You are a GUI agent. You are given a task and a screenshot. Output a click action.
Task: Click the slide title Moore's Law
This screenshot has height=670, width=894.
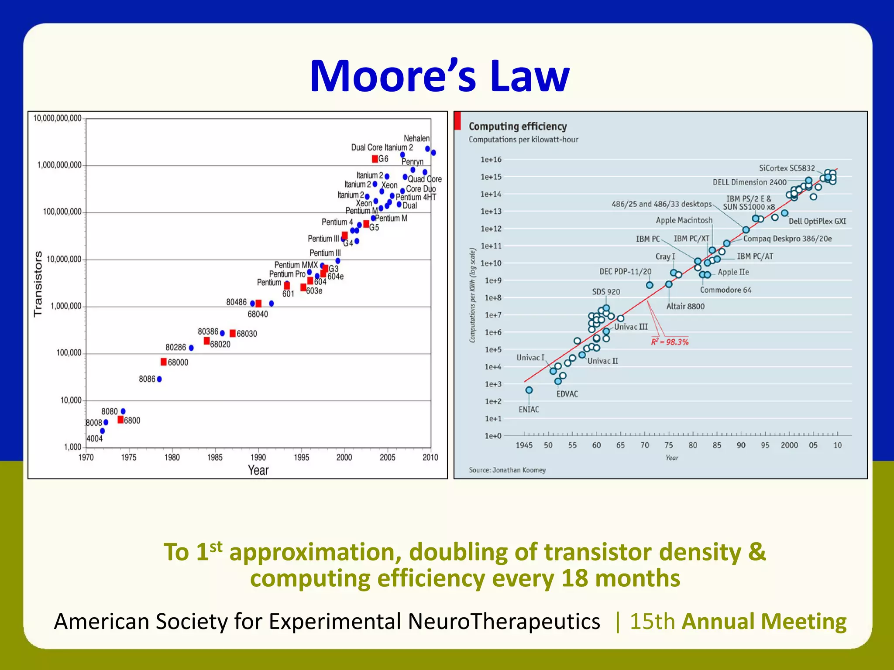(440, 76)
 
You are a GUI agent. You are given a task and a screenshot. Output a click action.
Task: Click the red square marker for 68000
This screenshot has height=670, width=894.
(164, 362)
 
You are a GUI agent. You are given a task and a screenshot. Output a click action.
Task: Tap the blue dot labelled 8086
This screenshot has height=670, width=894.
(159, 379)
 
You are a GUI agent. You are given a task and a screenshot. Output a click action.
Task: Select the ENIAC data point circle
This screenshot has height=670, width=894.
(529, 390)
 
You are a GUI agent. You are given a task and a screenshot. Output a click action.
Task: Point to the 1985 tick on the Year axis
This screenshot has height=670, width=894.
(215, 457)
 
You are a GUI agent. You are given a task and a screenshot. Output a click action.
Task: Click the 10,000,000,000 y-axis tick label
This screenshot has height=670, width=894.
(57, 118)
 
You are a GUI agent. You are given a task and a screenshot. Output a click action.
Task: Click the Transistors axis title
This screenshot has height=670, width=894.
(38, 284)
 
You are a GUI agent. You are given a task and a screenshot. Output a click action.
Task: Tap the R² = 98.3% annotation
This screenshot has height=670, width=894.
(670, 342)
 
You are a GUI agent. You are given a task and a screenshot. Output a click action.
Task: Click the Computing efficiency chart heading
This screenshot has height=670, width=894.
(518, 126)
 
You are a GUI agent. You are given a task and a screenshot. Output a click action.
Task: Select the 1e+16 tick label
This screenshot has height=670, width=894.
(491, 160)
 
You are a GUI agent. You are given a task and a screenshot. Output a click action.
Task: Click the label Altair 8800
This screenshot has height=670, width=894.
(685, 306)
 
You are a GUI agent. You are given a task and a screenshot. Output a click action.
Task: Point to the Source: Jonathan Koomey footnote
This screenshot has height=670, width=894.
(507, 470)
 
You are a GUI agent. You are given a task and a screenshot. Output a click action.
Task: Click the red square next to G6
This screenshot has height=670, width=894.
(375, 159)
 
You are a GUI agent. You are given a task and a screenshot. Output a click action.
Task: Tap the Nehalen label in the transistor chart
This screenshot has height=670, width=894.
(416, 138)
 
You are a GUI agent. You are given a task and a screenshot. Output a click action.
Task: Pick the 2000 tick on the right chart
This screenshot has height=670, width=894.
(789, 445)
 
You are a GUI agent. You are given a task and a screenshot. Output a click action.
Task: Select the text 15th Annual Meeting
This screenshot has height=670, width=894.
(738, 621)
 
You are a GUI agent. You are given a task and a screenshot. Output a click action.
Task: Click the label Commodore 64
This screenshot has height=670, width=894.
(726, 290)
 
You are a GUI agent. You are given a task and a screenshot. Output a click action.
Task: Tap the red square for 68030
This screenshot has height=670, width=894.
(233, 333)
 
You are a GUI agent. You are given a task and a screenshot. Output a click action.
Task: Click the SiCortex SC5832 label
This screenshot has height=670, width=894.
(787, 168)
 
